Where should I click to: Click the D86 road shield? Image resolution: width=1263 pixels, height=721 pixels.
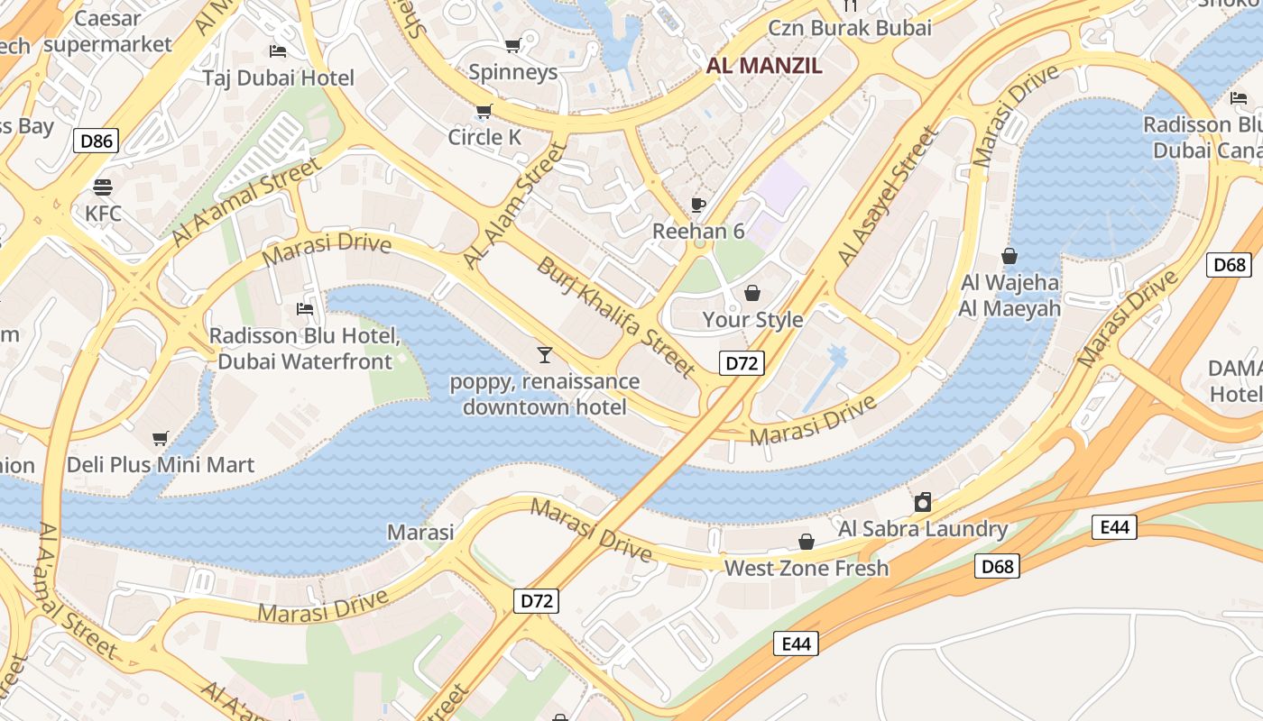coord(96,140)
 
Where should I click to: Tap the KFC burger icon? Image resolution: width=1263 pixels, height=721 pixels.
coord(103,187)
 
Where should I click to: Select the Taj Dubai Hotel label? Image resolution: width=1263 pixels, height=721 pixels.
coord(278,78)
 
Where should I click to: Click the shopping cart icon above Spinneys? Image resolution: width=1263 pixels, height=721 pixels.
coord(512,46)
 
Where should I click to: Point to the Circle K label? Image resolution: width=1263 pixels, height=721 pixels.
coord(485,137)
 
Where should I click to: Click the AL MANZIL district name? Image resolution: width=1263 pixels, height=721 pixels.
coord(763,65)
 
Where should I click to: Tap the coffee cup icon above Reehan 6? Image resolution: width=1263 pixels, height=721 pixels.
coord(697,205)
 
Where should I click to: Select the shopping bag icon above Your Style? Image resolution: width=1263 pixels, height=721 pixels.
coord(751,293)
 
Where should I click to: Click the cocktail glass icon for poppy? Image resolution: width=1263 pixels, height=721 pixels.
coord(544,354)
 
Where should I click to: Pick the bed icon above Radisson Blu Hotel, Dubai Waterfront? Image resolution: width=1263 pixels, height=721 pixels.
coord(305,309)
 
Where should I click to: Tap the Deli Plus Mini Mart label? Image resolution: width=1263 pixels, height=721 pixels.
coord(161,465)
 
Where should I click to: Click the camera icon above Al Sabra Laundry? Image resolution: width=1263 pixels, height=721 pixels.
coord(923,502)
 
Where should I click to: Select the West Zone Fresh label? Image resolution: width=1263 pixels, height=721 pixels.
coord(807,568)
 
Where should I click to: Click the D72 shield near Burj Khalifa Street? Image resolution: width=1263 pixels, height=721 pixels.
coord(742,363)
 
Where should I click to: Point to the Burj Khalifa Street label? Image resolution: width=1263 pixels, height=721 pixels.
coord(616,317)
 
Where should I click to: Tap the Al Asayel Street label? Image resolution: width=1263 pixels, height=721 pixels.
coord(888,196)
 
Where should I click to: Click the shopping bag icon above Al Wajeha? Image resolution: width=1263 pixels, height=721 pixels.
coord(1009,256)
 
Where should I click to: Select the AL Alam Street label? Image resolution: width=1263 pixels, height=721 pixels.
coord(513,205)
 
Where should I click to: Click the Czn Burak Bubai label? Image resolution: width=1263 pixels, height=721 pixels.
coord(849,27)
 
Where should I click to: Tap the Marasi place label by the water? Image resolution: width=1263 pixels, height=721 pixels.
coord(420,532)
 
